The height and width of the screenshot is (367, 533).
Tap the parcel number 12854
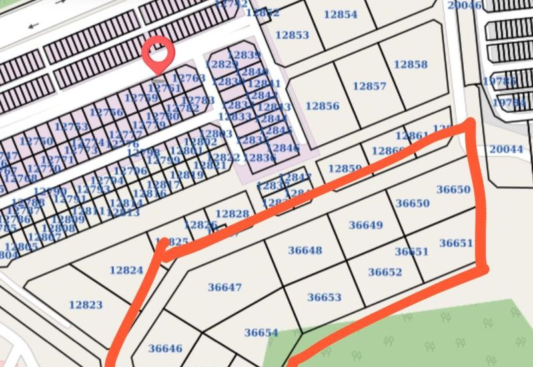pos(340,14)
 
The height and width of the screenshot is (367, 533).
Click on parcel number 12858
pos(410,64)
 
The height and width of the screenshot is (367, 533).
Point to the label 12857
pos(369,86)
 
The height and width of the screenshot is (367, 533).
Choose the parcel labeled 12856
pos(322,106)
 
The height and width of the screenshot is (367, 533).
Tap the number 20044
pos(506,149)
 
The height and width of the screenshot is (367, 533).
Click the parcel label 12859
pos(344,168)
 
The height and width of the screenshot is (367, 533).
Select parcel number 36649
pos(366,225)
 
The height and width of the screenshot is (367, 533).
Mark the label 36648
pos(305,250)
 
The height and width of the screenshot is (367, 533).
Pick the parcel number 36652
pos(385,271)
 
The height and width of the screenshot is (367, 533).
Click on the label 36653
pos(324,297)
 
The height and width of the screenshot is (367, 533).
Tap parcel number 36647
pos(225,287)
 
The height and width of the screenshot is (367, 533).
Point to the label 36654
pos(261,332)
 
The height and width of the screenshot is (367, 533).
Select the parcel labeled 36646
pos(165,348)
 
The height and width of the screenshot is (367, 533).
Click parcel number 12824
pos(127,270)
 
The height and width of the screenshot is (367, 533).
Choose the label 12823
pos(86,305)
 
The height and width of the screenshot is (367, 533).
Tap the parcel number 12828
pos(233,213)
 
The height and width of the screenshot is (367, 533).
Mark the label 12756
pos(107,112)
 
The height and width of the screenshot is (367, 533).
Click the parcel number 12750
pos(36,141)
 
